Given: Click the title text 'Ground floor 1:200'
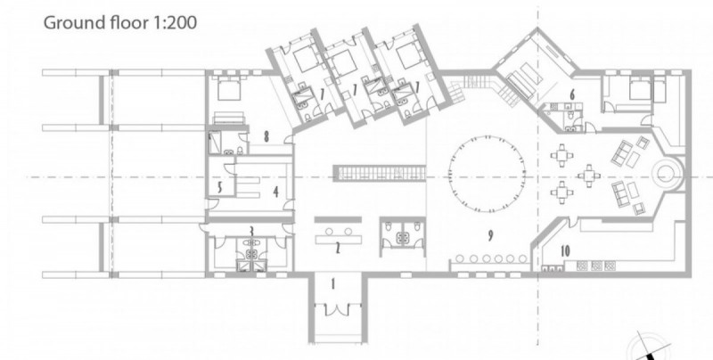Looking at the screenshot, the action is tap(120, 22).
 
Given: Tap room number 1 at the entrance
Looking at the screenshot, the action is tap(332, 284).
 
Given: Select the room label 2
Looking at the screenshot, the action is tap(338, 249).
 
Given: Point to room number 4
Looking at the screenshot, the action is tap(275, 192).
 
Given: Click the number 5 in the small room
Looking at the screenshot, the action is tap(220, 187).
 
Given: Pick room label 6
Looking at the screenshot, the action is tap(572, 94).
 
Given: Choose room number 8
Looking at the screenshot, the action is tap(266, 136).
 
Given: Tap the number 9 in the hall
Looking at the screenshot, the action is tap(490, 235).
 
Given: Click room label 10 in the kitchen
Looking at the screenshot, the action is tap(565, 251).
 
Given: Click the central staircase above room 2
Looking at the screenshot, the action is tap(380, 173).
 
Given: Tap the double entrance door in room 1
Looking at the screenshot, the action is tap(336, 310).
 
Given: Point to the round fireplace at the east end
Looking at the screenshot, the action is tap(667, 174).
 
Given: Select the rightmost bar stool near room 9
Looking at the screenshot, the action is tap(522, 258).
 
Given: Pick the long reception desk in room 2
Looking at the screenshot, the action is tap(340, 239).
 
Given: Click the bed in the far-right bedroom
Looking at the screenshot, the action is tap(641, 89).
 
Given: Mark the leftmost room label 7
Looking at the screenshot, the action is tap(322, 94).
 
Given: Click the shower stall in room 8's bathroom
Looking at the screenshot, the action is tap(215, 142).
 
